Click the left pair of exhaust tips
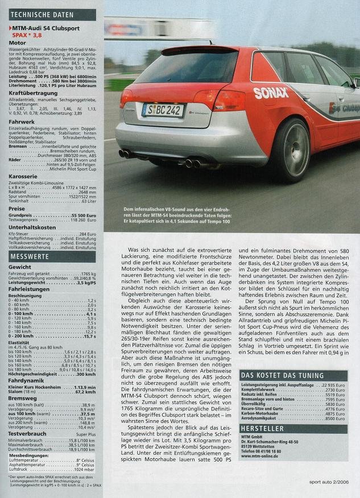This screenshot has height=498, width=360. click(126, 153)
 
